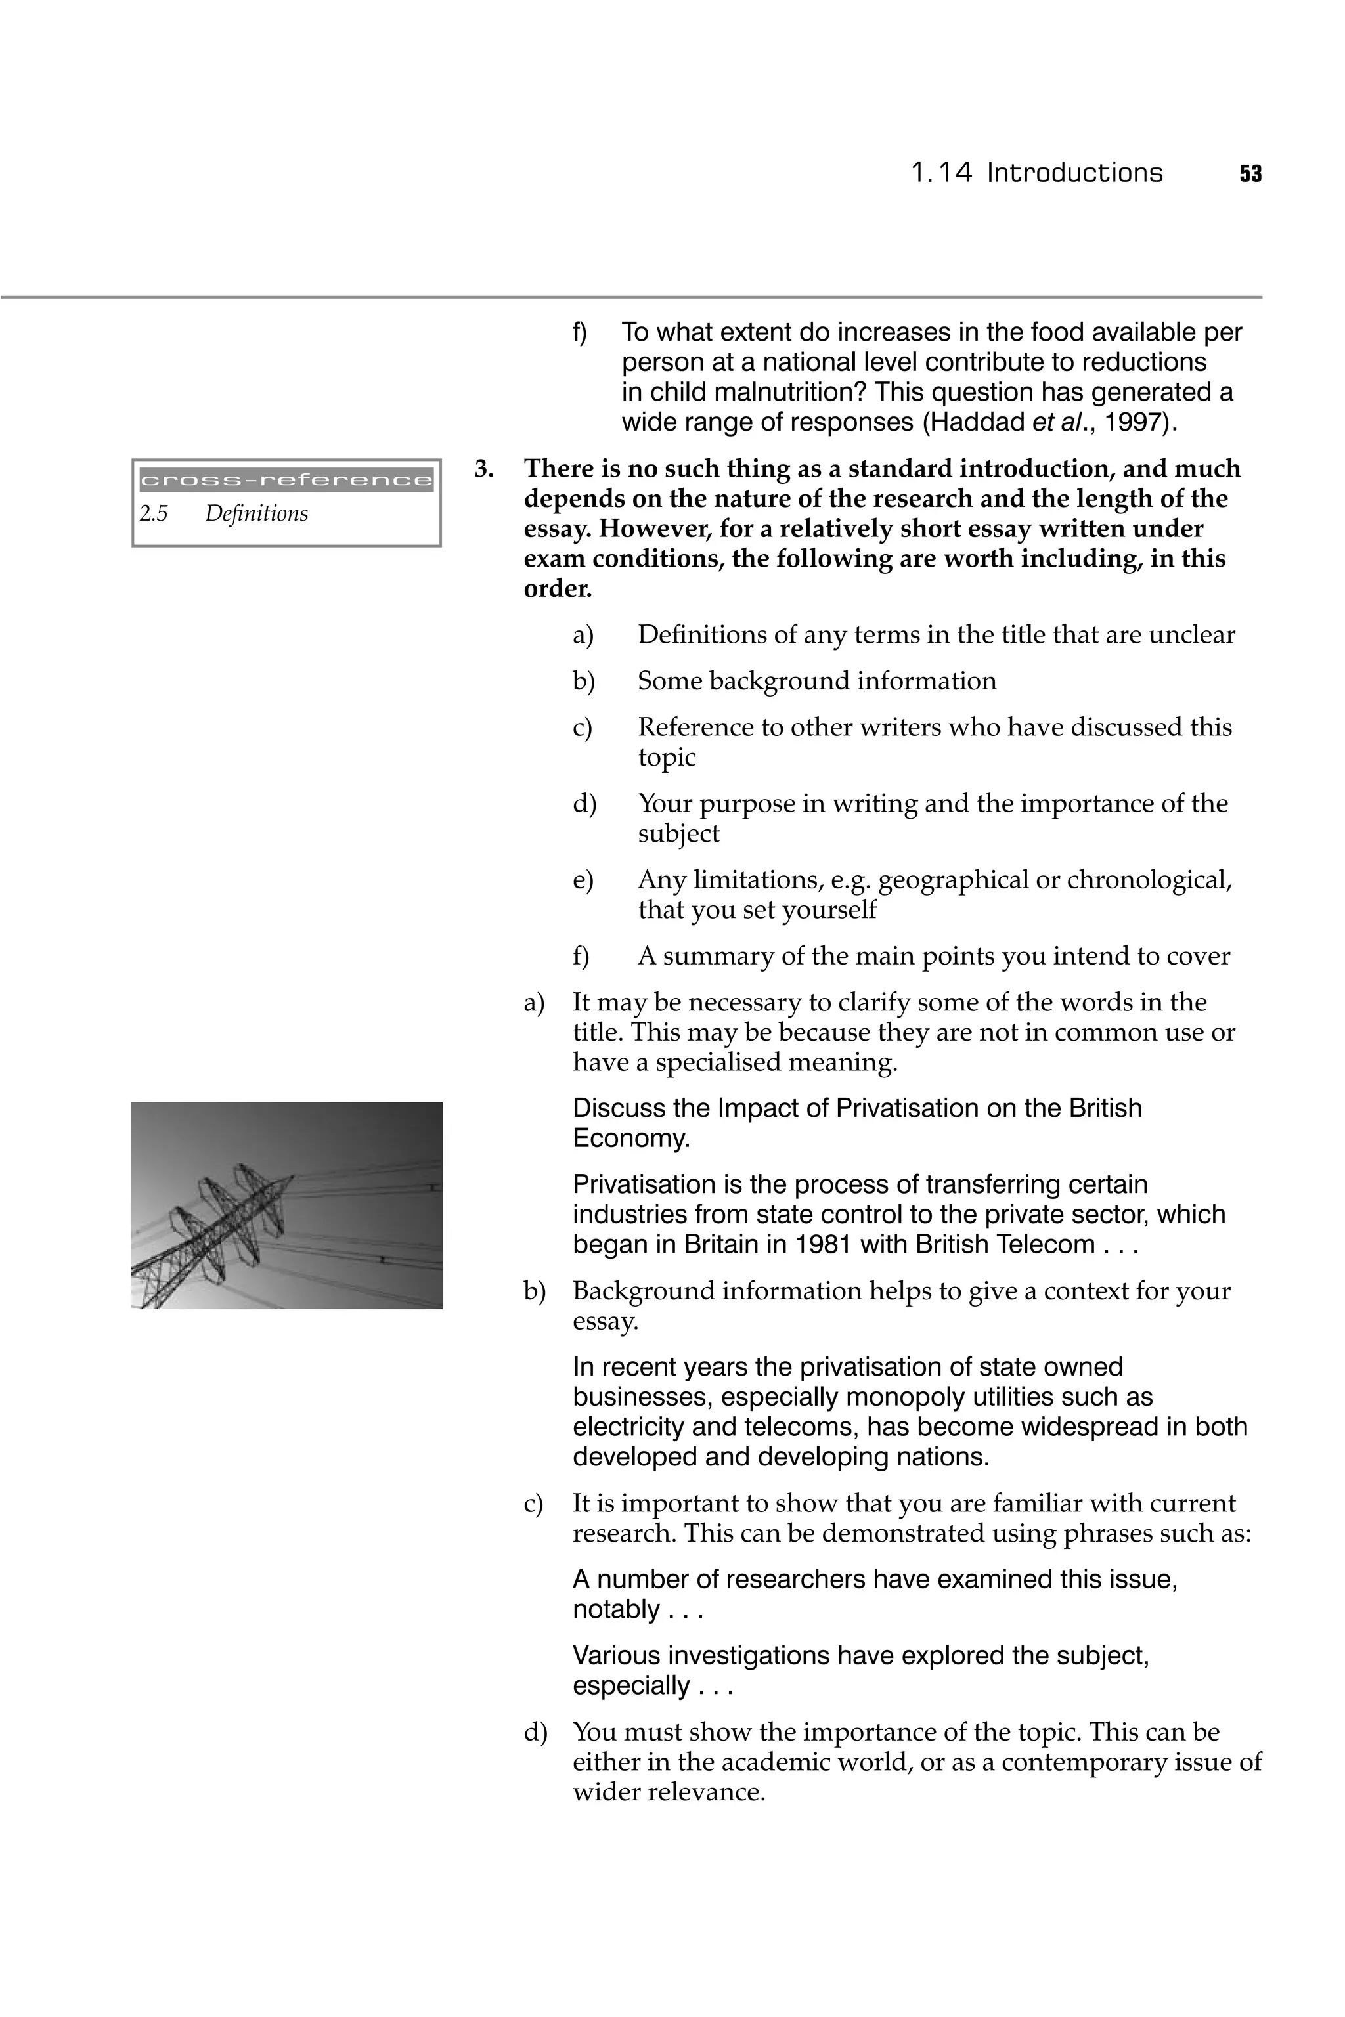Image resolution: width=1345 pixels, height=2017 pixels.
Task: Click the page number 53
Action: point(1250,174)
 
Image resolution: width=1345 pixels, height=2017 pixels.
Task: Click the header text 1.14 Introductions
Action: point(1036,173)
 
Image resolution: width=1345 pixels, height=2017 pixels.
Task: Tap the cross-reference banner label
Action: point(286,480)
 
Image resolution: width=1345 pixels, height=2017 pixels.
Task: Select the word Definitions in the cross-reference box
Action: point(257,513)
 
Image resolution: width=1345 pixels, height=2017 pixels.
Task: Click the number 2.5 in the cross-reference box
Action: point(154,513)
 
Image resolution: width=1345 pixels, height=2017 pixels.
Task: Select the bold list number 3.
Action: point(485,469)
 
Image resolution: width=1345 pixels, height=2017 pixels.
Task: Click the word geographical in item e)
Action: point(953,880)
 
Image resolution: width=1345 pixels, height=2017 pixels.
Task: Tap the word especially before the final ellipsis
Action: point(630,1686)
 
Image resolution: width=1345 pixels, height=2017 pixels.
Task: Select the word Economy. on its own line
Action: point(631,1139)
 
